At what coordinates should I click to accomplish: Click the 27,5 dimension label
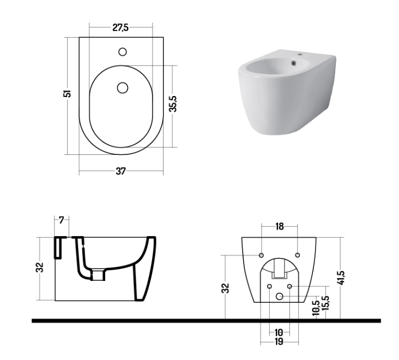(120, 27)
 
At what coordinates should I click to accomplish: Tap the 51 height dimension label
(67, 93)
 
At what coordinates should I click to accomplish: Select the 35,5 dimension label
(173, 104)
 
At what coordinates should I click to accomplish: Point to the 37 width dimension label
(120, 171)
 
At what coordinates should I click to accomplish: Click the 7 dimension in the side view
(61, 220)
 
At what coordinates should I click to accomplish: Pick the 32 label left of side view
(40, 267)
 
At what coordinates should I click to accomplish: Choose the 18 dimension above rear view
(280, 226)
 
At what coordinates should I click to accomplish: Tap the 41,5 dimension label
(341, 278)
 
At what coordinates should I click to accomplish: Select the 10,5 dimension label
(316, 308)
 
